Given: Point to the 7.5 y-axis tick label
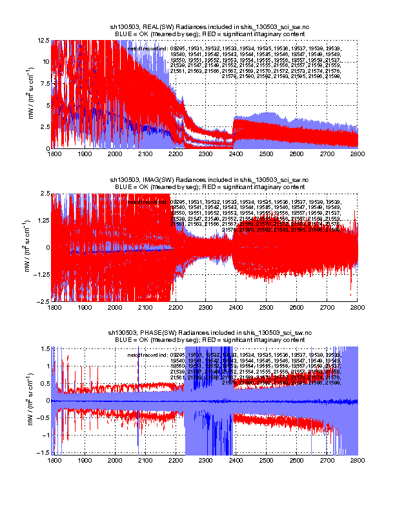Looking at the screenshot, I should (45, 83).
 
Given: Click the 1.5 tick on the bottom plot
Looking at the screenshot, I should (45, 348).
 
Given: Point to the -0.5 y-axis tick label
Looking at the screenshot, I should (43, 418).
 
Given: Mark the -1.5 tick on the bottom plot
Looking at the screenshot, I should (43, 453).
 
